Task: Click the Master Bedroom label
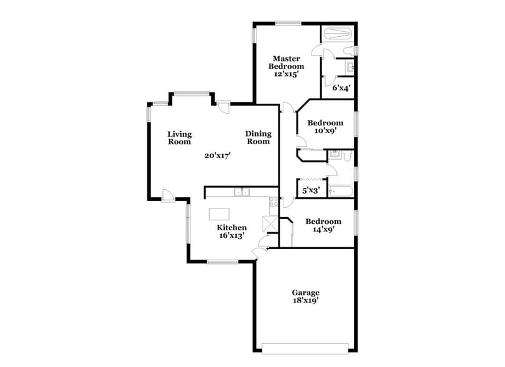pyautogui.click(x=287, y=62)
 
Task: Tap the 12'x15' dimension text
pyautogui.click(x=287, y=74)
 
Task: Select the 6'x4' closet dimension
pyautogui.click(x=340, y=88)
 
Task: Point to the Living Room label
pyautogui.click(x=179, y=137)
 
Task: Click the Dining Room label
pyautogui.click(x=257, y=137)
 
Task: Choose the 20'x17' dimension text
pyautogui.click(x=218, y=156)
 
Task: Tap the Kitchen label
pyautogui.click(x=231, y=228)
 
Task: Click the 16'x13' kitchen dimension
pyautogui.click(x=231, y=236)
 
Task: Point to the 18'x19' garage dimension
pyautogui.click(x=306, y=301)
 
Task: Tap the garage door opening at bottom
pyautogui.click(x=305, y=348)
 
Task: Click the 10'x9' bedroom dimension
pyautogui.click(x=325, y=131)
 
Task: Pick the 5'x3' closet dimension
pyautogui.click(x=311, y=191)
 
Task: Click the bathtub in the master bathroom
pyautogui.click(x=337, y=33)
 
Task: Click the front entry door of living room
pyautogui.click(x=167, y=195)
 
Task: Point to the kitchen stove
pyautogui.click(x=273, y=201)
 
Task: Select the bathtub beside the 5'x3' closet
pyautogui.click(x=341, y=191)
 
